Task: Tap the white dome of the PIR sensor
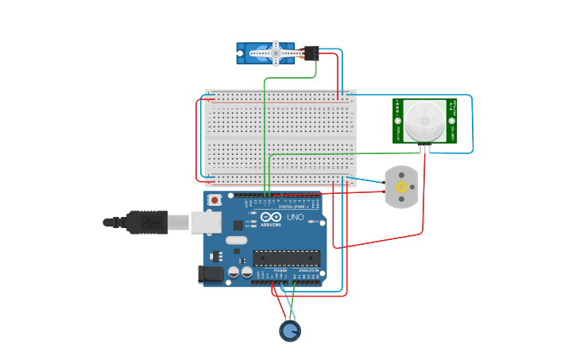tap(424, 120)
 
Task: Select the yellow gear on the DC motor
tap(401, 188)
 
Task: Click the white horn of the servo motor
tap(275, 53)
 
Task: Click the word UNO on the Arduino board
tap(295, 217)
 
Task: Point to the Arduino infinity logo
tap(271, 217)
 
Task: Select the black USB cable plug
tap(146, 223)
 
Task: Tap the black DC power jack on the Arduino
tap(210, 274)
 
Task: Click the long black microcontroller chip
tap(287, 257)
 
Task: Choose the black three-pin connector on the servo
tap(310, 53)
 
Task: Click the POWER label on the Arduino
tap(280, 270)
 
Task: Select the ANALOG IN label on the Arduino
tap(308, 270)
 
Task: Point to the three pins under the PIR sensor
tap(426, 149)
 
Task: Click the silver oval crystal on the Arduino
tap(237, 240)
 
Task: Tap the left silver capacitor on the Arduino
tap(234, 272)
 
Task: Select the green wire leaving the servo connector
tap(315, 70)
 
